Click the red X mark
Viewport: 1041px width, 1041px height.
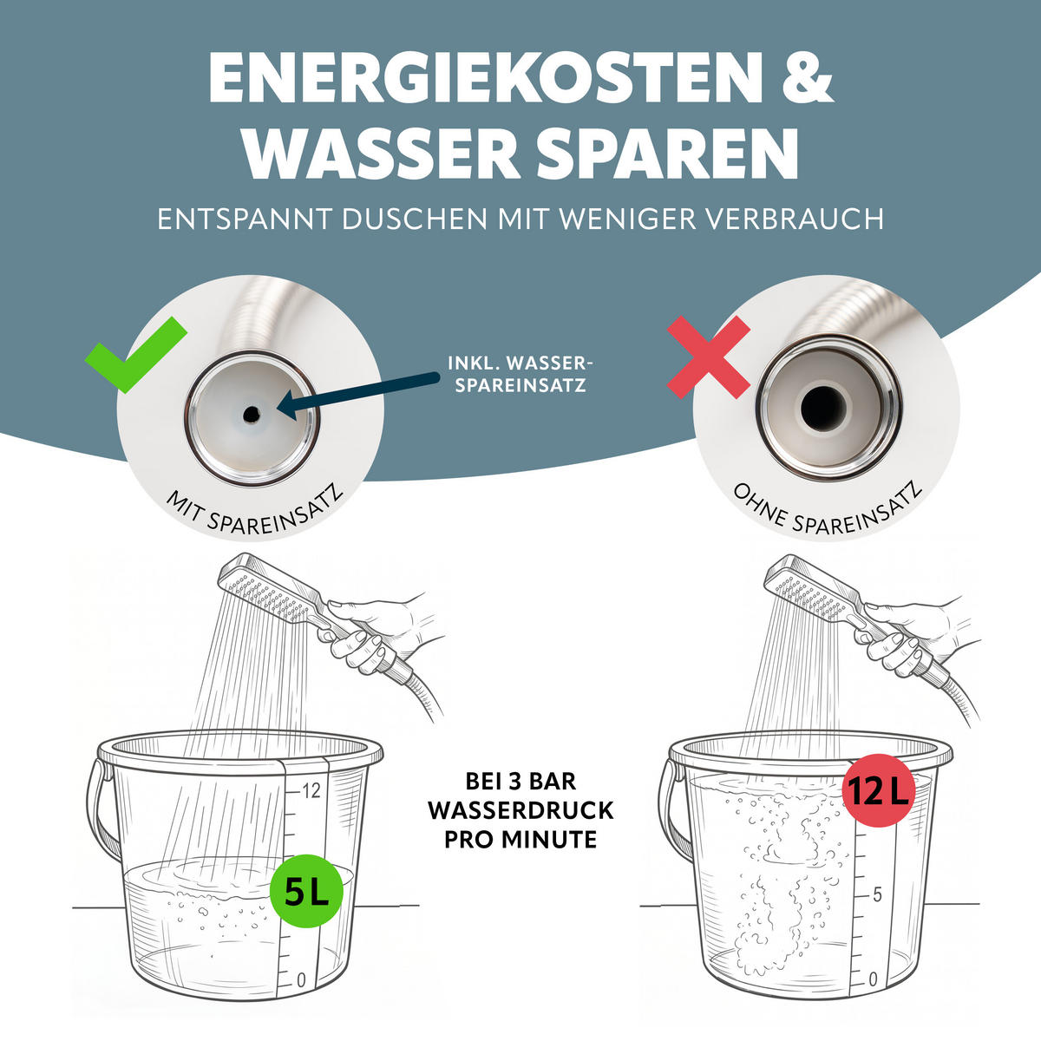click(x=708, y=357)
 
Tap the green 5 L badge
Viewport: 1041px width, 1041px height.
click(x=306, y=891)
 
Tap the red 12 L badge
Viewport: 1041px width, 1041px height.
click(x=879, y=790)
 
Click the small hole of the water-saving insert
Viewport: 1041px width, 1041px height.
click(x=252, y=415)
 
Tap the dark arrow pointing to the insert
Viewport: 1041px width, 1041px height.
click(x=357, y=395)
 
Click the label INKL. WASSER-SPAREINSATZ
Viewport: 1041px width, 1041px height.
click(x=520, y=374)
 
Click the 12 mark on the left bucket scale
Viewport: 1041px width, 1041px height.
click(x=311, y=791)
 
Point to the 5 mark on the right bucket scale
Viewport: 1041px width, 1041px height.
click(x=877, y=894)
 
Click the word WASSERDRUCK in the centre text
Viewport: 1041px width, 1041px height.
click(x=520, y=810)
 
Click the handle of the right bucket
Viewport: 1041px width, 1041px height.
click(x=671, y=810)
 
